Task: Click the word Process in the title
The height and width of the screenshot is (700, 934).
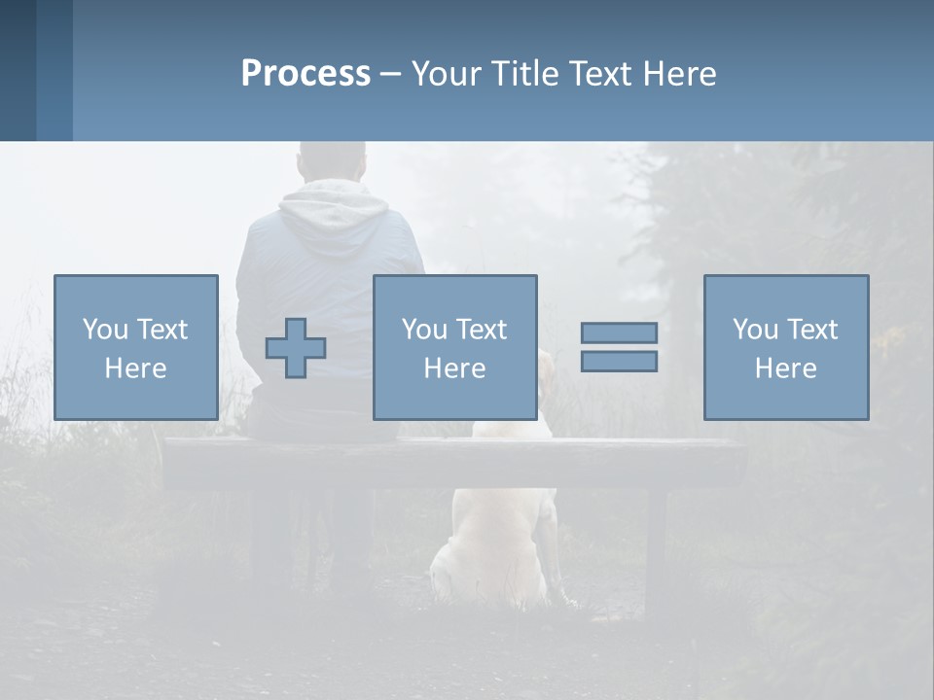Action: click(x=305, y=74)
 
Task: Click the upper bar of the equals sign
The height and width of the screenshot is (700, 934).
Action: click(x=619, y=332)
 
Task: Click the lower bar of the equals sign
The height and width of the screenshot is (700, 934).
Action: click(x=619, y=362)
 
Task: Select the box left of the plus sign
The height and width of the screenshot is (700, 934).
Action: click(x=135, y=347)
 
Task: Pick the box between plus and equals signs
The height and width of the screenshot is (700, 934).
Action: click(x=454, y=347)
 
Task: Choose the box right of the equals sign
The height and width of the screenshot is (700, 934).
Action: click(x=785, y=347)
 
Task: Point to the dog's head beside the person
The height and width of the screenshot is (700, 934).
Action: click(x=546, y=374)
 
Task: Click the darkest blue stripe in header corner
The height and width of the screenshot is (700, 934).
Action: click(x=18, y=70)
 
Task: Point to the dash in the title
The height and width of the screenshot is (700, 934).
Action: click(x=390, y=74)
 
